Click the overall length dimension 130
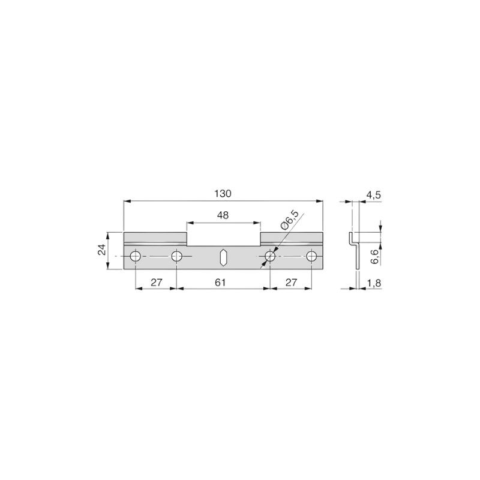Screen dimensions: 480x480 pyautogui.click(x=223, y=194)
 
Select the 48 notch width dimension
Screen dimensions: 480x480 pyautogui.click(x=223, y=215)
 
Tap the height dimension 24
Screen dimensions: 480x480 pyautogui.click(x=102, y=251)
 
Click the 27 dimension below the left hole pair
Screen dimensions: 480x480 pyautogui.click(x=156, y=283)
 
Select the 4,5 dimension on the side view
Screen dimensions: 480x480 pyautogui.click(x=373, y=194)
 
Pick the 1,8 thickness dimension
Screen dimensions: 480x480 pyautogui.click(x=373, y=283)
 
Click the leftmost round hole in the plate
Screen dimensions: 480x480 pyautogui.click(x=136, y=257)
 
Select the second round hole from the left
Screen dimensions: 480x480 pyautogui.click(x=176, y=257)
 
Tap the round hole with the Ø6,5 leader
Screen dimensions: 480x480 pyautogui.click(x=270, y=257)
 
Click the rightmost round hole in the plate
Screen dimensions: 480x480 pyautogui.click(x=311, y=257)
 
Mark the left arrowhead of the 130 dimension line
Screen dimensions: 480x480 pyautogui.click(x=127, y=202)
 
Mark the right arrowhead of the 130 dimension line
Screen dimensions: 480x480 pyautogui.click(x=319, y=202)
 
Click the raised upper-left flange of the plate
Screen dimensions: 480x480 pyautogui.click(x=155, y=236)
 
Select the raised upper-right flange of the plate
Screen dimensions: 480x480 pyautogui.click(x=291, y=236)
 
